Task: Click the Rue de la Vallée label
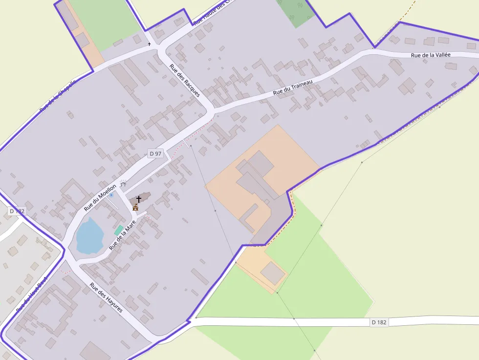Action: click(431, 55)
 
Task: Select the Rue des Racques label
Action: click(185, 80)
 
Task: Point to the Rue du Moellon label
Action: click(100, 197)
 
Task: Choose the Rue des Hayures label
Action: click(106, 297)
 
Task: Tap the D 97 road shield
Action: click(155, 153)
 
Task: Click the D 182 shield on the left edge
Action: click(16, 211)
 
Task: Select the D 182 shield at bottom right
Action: click(379, 322)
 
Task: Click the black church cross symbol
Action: click(139, 199)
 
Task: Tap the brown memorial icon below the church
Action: click(135, 208)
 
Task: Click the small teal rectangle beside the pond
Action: click(119, 230)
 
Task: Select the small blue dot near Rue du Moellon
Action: click(111, 195)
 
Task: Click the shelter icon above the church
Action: click(123, 183)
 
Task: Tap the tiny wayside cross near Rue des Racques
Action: click(150, 44)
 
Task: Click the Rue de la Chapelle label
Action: click(58, 96)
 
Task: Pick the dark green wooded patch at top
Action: click(296, 13)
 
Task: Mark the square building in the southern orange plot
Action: click(272, 273)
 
